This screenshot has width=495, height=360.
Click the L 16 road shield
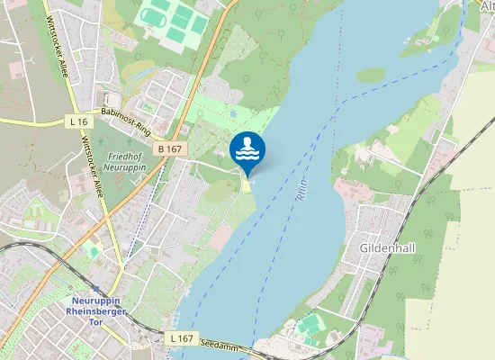(78, 121)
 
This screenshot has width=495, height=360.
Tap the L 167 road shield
(181, 338)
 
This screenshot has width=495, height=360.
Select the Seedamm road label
(220, 345)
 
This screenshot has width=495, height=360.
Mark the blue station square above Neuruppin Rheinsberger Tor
(94, 289)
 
